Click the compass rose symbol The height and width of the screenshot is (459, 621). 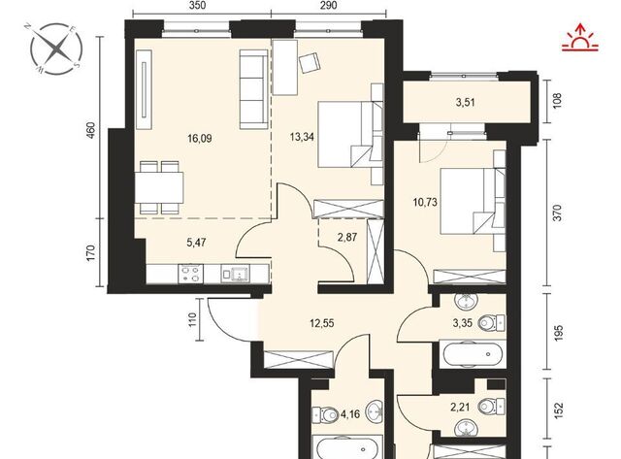point(56,49)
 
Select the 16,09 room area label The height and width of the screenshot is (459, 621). point(200,138)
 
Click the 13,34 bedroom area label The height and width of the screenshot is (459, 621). point(302,137)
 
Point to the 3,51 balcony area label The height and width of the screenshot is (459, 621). point(465,103)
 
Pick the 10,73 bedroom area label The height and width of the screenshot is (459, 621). point(425,203)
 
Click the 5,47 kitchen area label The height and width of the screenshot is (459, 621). point(196,242)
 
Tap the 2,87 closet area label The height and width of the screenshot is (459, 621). point(347,237)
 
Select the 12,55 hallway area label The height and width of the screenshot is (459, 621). point(321,323)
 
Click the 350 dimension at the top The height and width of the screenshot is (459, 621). point(197,5)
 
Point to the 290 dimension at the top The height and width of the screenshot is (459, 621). point(328,5)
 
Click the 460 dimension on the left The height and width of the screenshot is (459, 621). point(90,130)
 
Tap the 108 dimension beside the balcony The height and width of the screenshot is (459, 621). point(557,101)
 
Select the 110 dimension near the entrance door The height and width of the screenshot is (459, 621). point(192,319)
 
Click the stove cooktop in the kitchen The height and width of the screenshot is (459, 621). point(191,274)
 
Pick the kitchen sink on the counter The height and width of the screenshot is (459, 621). point(236,274)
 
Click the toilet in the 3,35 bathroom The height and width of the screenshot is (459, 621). point(492,323)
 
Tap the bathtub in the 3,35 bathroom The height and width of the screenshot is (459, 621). point(473,353)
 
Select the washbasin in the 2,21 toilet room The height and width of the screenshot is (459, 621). point(466,427)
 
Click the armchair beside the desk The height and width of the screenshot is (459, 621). point(310,62)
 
